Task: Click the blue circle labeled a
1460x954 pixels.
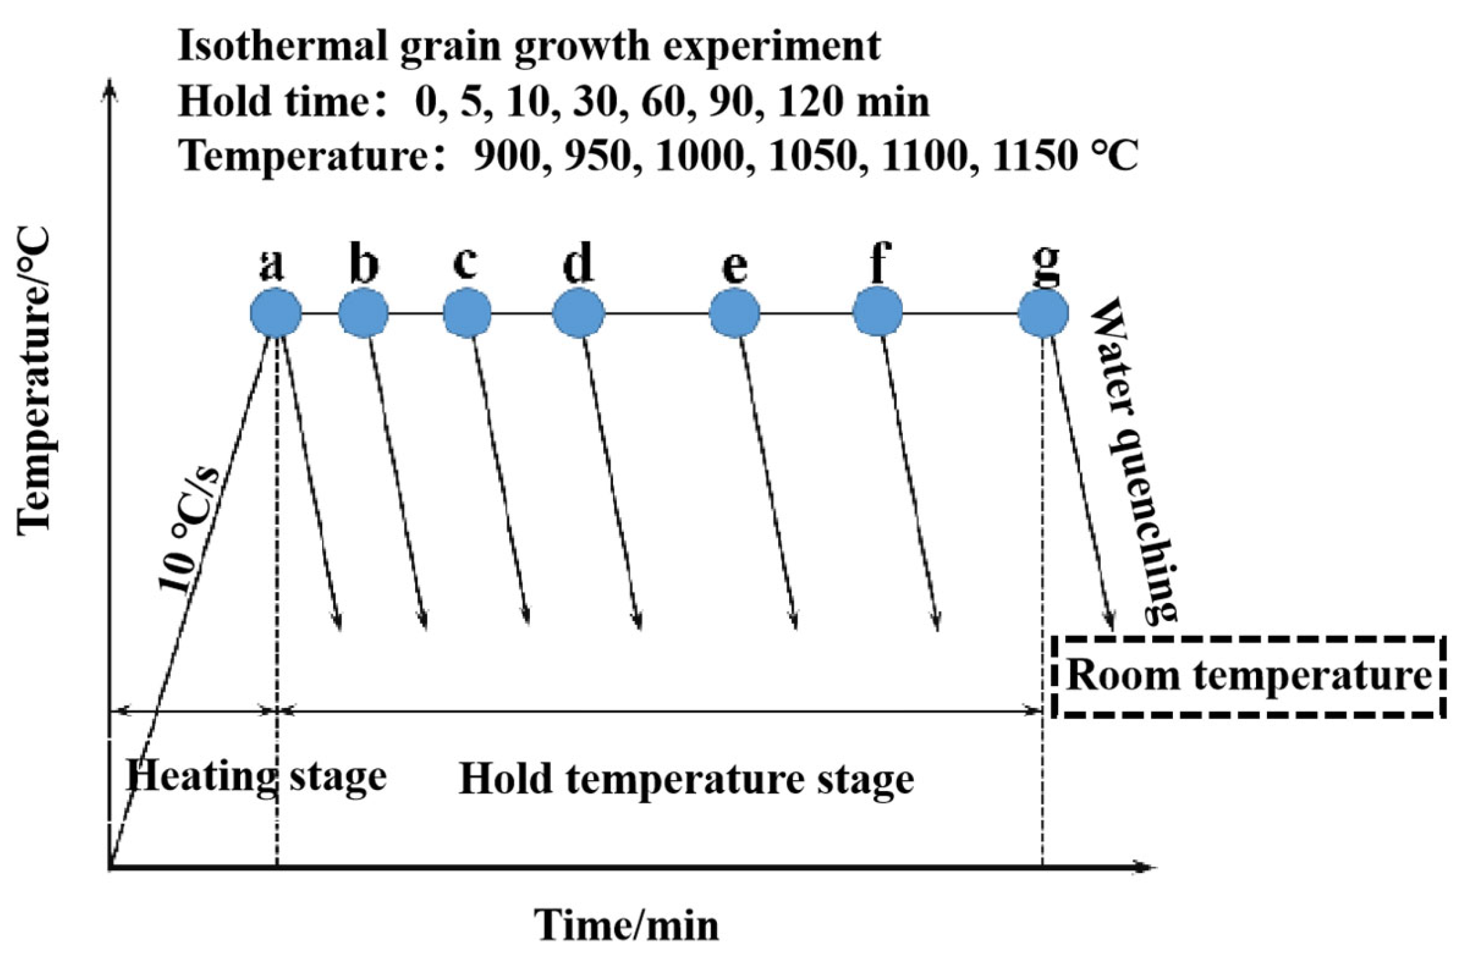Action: click(x=276, y=313)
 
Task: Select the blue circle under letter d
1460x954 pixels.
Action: click(x=578, y=313)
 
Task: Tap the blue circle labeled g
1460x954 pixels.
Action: click(x=1043, y=313)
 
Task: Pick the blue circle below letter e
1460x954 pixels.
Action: click(x=735, y=313)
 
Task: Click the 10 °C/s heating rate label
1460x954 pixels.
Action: click(x=190, y=527)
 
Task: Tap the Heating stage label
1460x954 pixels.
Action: click(x=256, y=776)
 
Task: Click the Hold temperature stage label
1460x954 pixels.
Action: click(x=686, y=779)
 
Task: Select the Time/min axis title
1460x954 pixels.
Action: click(x=626, y=925)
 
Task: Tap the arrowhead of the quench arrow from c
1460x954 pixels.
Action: click(x=527, y=617)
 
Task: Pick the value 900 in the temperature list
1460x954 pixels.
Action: click(x=507, y=156)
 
